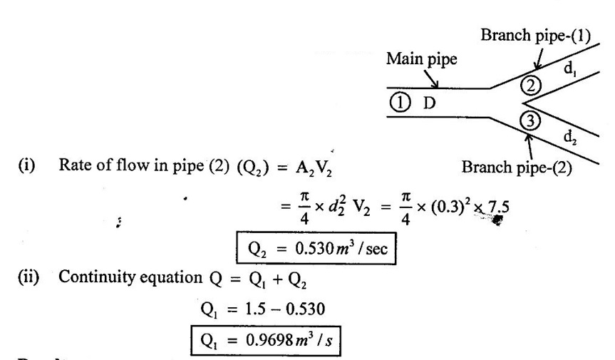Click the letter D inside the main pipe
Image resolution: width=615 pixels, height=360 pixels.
pyautogui.click(x=430, y=103)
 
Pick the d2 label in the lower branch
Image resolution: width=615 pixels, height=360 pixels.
pyautogui.click(x=570, y=138)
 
